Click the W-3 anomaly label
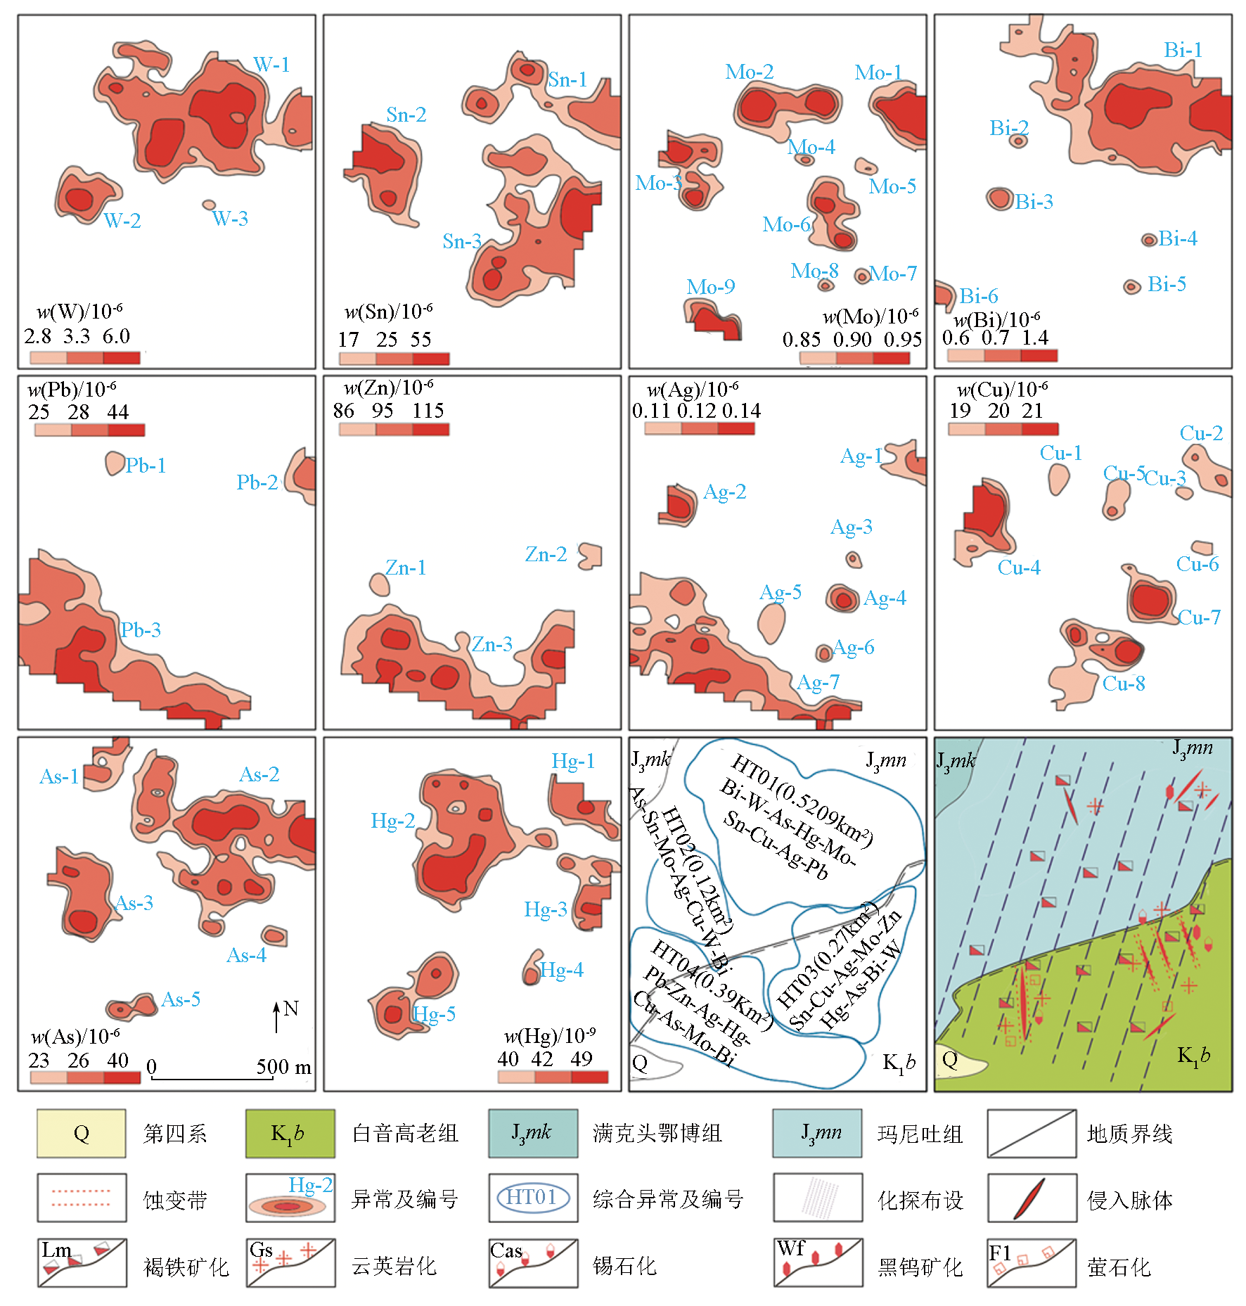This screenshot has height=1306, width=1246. coord(230,219)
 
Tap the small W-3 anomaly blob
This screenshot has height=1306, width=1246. coord(209,205)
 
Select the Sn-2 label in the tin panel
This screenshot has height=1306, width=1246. coord(406,115)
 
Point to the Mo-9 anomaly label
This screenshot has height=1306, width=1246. coord(710,287)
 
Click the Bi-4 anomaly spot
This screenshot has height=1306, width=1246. coord(1148,240)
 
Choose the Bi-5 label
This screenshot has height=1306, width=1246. coord(1167,284)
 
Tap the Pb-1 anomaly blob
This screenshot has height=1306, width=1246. coord(114,463)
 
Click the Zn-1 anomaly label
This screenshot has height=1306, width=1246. coord(405,568)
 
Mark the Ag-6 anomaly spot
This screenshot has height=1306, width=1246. coord(823,653)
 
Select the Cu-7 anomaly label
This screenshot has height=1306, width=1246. coord(1199,617)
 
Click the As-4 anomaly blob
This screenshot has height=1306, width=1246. coord(274,935)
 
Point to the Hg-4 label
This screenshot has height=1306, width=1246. coord(561,971)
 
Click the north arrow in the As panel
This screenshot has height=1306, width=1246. coord(277,1017)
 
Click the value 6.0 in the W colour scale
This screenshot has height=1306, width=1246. coord(116,336)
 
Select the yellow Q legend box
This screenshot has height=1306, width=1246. coord(82,1133)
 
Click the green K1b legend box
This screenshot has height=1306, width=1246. coord(290,1133)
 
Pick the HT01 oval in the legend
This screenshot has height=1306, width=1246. coord(532,1197)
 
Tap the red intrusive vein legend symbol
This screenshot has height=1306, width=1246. coord(1030,1198)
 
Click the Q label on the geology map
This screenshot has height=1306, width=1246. coord(949,1061)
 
